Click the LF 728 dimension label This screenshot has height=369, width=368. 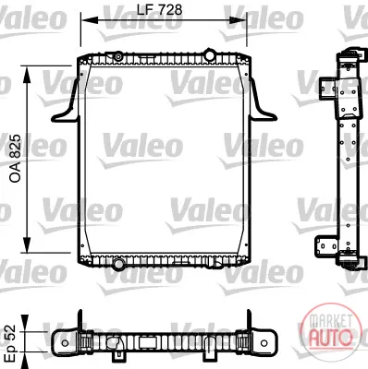[x=159, y=10]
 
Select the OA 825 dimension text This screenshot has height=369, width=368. [x=16, y=159]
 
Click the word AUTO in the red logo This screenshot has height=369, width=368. [x=330, y=338]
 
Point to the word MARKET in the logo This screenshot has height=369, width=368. [x=331, y=322]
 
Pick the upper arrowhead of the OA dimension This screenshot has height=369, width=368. [x=27, y=74]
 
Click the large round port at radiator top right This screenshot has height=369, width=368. [x=210, y=54]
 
